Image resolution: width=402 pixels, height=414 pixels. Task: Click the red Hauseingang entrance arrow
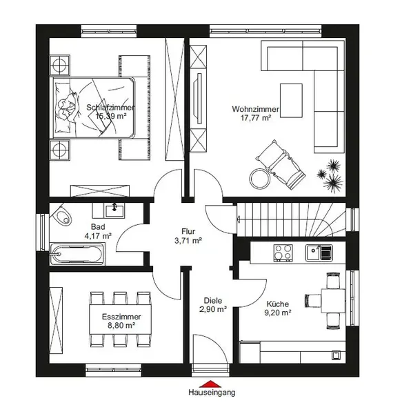click(x=210, y=384)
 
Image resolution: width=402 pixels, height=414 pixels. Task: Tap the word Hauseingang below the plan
click(x=212, y=393)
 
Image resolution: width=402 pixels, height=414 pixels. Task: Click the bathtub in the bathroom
click(x=77, y=254)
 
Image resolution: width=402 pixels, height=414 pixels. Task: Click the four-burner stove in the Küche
click(x=283, y=253)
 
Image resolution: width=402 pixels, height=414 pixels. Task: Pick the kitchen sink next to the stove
click(x=319, y=253)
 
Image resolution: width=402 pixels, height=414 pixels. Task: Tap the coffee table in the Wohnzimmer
click(x=291, y=100)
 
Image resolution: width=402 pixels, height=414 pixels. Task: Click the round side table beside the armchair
click(x=260, y=179)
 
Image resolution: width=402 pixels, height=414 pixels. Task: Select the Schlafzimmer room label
click(x=110, y=108)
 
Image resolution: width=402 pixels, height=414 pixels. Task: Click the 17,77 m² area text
click(x=256, y=118)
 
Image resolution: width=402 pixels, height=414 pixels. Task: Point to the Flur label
click(x=188, y=231)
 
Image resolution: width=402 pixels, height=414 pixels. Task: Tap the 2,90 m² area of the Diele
click(x=213, y=309)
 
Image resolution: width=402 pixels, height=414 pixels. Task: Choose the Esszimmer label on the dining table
click(x=121, y=317)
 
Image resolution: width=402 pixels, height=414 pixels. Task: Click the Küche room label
click(x=277, y=304)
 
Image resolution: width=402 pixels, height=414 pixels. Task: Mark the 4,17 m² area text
click(x=98, y=236)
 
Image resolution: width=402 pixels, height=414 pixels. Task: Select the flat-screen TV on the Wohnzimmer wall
click(x=198, y=99)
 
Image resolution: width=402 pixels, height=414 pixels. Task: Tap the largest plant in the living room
click(x=333, y=183)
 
